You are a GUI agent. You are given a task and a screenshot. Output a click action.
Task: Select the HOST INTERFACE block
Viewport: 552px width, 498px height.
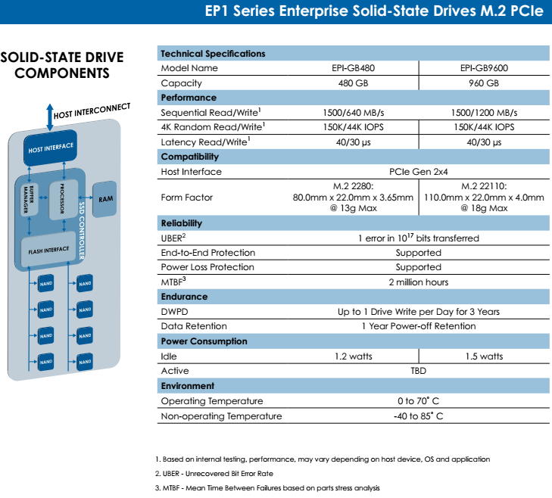[x=51, y=149]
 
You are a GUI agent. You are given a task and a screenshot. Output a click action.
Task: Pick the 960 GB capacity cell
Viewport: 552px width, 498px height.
[x=483, y=83]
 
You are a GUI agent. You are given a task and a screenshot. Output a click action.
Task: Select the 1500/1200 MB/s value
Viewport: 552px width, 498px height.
[x=483, y=112]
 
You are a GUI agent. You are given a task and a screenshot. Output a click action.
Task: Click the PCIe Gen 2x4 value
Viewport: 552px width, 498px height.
[x=418, y=172]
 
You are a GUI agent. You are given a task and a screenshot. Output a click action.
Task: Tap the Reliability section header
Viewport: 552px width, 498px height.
[x=182, y=223]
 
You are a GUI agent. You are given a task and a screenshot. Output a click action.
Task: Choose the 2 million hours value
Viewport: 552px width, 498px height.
[x=418, y=282]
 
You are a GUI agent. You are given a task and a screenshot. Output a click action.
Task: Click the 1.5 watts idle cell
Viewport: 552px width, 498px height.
[x=483, y=356]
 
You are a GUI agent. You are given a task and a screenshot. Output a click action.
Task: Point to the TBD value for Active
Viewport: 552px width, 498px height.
[x=418, y=371]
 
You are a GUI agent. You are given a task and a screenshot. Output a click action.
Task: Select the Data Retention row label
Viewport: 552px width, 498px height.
[x=194, y=326]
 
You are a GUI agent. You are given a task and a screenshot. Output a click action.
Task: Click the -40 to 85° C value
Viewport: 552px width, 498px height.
[x=418, y=416]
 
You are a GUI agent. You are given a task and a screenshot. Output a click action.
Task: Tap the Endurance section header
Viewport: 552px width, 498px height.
[x=184, y=297]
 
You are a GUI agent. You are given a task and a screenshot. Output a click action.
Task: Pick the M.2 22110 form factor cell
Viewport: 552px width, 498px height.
[x=483, y=198]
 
